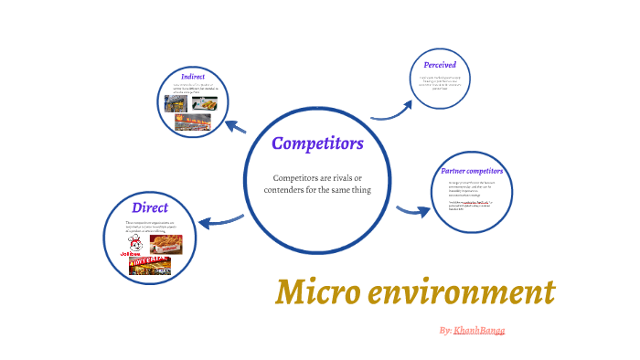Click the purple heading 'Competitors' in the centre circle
317,143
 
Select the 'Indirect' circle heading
192,76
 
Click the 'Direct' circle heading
150,207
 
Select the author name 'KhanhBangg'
479,330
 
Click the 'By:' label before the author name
445,330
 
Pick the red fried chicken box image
165,244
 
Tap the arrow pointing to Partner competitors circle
412,211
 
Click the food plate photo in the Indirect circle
204,104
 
